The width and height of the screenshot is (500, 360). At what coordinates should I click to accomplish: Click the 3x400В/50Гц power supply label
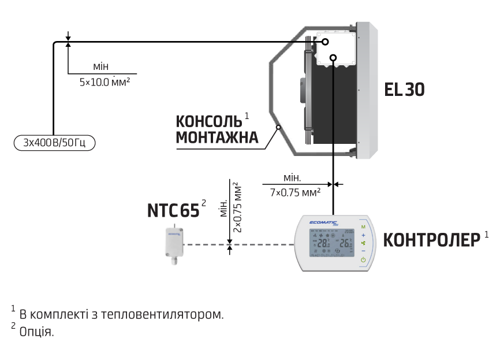[x=55, y=142]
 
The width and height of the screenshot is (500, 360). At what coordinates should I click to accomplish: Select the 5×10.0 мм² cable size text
[x=104, y=82]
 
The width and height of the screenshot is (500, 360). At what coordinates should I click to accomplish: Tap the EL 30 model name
[x=404, y=90]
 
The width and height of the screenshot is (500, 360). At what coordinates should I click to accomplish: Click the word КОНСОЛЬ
[x=208, y=122]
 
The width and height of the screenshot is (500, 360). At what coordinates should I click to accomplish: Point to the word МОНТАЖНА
[x=217, y=138]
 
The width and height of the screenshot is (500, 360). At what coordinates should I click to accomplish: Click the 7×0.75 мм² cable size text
[x=296, y=193]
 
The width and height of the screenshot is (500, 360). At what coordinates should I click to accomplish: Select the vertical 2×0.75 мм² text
[x=238, y=207]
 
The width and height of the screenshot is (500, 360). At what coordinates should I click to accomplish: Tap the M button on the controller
[x=363, y=227]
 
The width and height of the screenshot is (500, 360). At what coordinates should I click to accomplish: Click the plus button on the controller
[x=363, y=235]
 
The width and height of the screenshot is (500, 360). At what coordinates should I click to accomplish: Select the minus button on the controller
[x=363, y=251]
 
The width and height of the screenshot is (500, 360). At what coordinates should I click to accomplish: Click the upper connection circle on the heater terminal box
[x=326, y=42]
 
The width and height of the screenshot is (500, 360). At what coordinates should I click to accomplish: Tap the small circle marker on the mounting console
[x=278, y=127]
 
